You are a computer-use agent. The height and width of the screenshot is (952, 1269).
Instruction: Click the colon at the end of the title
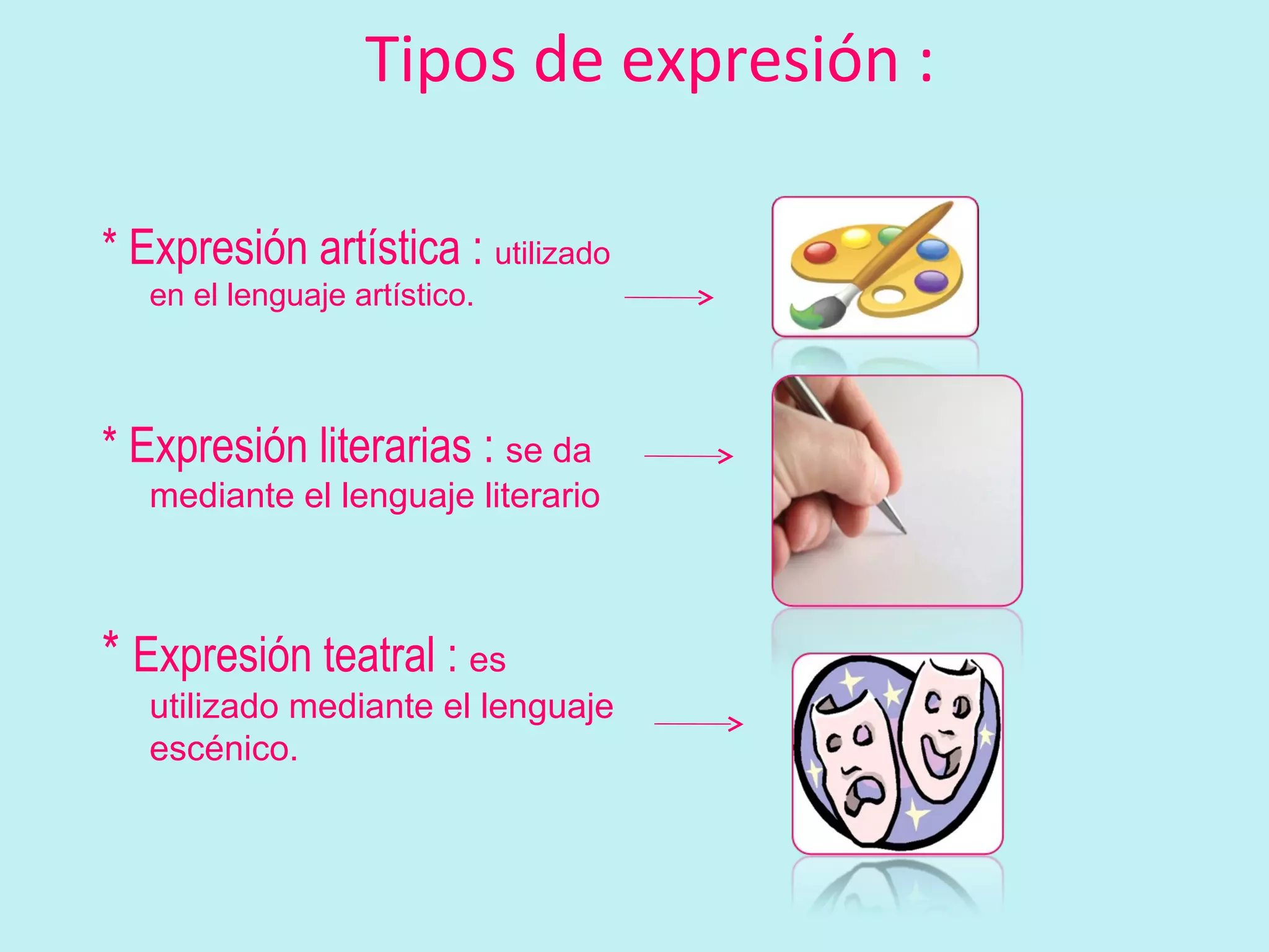pos(926,62)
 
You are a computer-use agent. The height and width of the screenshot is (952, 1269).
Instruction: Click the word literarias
pos(395,446)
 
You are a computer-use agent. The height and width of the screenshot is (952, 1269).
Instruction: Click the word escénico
pos(223,749)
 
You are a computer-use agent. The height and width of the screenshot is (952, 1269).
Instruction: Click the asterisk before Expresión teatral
pos(110,645)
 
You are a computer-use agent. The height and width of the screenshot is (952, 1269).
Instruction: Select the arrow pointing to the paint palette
pos(669,297)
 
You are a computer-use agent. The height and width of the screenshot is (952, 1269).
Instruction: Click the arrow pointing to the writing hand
pos(688,456)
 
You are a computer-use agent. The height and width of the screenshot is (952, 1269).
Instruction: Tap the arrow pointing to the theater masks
pos(698,723)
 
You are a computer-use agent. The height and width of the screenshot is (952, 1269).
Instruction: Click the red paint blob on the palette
pos(820,252)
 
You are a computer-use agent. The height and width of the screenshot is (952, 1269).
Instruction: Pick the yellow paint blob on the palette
pos(856,237)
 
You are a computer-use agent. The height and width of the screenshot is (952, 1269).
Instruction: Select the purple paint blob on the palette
pos(931,281)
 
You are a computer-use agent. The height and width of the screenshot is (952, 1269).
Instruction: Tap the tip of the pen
pos(903,530)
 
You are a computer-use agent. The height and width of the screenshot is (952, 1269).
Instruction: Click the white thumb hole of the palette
pos(888,296)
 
